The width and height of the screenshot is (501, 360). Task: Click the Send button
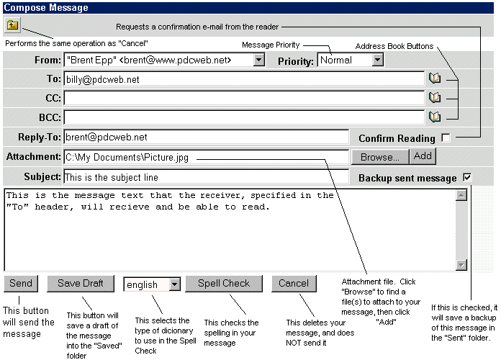tap(21, 284)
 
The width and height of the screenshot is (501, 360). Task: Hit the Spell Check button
tap(224, 284)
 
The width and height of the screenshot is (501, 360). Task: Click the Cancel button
tap(294, 284)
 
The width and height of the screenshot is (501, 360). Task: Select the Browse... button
tap(380, 157)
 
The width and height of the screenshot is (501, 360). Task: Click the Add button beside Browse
tap(423, 156)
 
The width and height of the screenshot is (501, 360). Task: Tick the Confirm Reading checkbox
tap(446, 138)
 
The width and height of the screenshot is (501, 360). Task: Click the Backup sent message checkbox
tap(467, 177)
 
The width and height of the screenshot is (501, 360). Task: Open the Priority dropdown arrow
tap(378, 60)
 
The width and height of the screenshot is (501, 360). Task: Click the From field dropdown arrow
tap(259, 60)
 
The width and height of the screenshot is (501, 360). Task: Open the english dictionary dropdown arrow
tap(175, 284)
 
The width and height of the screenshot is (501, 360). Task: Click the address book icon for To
tap(435, 78)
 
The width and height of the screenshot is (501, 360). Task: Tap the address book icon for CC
tap(435, 97)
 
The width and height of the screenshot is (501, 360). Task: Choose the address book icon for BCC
tap(435, 117)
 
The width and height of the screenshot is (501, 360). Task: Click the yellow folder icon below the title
tap(12, 25)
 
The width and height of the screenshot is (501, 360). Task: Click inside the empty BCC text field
tap(244, 117)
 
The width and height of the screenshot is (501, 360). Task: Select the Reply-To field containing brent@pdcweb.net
tap(206, 137)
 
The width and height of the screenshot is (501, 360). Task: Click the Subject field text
tap(111, 177)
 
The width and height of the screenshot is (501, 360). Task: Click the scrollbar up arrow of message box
tap(461, 195)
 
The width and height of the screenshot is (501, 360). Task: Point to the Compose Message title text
tap(45, 8)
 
